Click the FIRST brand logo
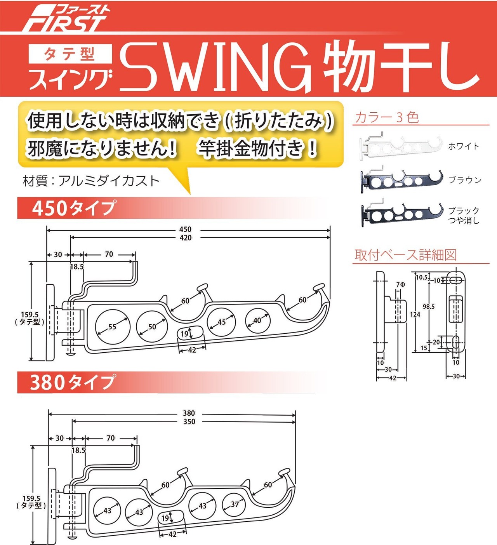65,19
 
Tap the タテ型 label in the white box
70,54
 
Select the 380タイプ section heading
73,382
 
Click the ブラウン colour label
465,180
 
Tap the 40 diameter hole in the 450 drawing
258,320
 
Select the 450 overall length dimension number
186,230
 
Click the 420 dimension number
186,238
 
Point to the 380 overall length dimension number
189,413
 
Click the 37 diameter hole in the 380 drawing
234,504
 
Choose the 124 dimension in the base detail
415,314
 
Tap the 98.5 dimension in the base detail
429,306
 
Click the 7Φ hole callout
400,285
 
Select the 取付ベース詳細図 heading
405,255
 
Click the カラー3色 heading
387,117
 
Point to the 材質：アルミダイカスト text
91,181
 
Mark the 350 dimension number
189,421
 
